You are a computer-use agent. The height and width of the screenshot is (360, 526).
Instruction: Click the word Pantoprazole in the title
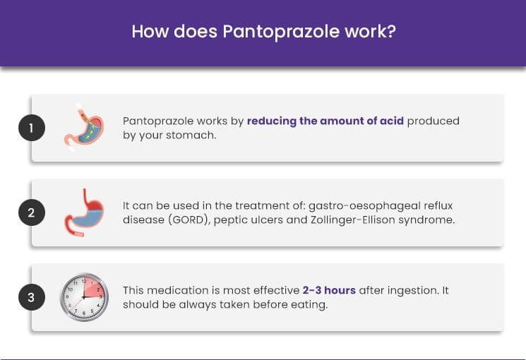tap(281, 32)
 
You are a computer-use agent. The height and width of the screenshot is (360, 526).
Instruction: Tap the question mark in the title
tap(391, 31)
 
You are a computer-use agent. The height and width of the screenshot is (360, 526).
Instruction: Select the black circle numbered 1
tap(32, 128)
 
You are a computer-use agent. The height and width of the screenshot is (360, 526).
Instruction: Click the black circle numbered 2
tap(32, 212)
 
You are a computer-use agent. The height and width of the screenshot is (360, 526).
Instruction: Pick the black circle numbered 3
tap(32, 297)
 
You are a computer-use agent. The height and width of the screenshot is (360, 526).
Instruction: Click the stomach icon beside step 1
tap(84, 128)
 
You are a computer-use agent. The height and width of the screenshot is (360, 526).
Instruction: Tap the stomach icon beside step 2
tap(84, 212)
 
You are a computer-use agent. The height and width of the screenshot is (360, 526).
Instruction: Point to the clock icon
tap(84, 297)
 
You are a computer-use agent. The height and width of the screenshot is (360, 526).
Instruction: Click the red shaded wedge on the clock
tap(93, 289)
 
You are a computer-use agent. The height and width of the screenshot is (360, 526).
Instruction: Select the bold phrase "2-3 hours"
tap(329, 290)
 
